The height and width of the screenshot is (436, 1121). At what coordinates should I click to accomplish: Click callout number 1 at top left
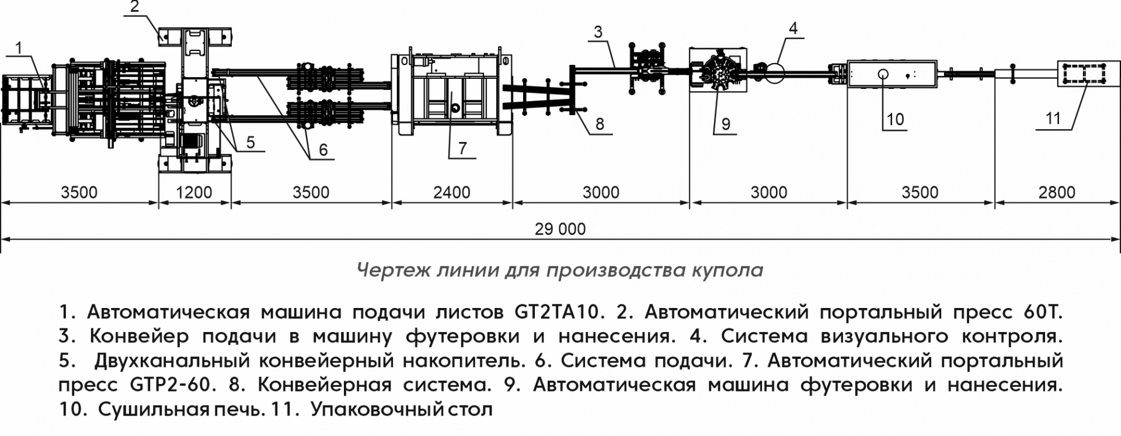click(19, 47)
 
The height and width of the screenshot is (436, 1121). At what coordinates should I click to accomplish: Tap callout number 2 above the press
click(135, 7)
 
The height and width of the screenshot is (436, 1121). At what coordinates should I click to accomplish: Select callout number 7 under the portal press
click(462, 148)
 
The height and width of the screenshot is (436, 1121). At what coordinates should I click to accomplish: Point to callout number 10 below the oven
click(894, 119)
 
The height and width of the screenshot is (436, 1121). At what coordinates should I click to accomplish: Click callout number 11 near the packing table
click(1053, 119)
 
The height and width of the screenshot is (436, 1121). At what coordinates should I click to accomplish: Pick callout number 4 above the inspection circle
click(792, 27)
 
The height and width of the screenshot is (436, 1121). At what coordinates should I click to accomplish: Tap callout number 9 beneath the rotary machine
click(726, 123)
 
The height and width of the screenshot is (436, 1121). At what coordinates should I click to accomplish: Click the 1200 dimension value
click(194, 192)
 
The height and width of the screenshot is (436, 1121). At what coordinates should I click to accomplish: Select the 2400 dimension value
click(452, 192)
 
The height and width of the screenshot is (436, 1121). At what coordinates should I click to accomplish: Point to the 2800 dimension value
click(1057, 192)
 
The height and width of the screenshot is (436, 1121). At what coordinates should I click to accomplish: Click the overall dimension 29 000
click(560, 229)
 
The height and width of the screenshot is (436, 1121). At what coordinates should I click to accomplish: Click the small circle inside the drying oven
click(882, 74)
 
